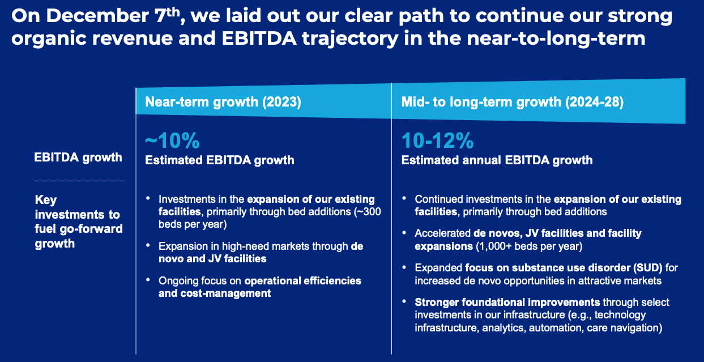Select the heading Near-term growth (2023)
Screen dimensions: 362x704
click(223, 102)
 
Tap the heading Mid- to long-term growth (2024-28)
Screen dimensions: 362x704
click(513, 102)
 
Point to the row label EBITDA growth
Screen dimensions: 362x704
click(78, 157)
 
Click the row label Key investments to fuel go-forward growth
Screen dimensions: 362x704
click(78, 222)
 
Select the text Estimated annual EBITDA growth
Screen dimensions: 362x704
click(497, 160)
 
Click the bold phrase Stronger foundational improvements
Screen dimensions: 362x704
click(507, 302)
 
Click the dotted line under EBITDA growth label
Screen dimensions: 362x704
click(80, 181)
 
